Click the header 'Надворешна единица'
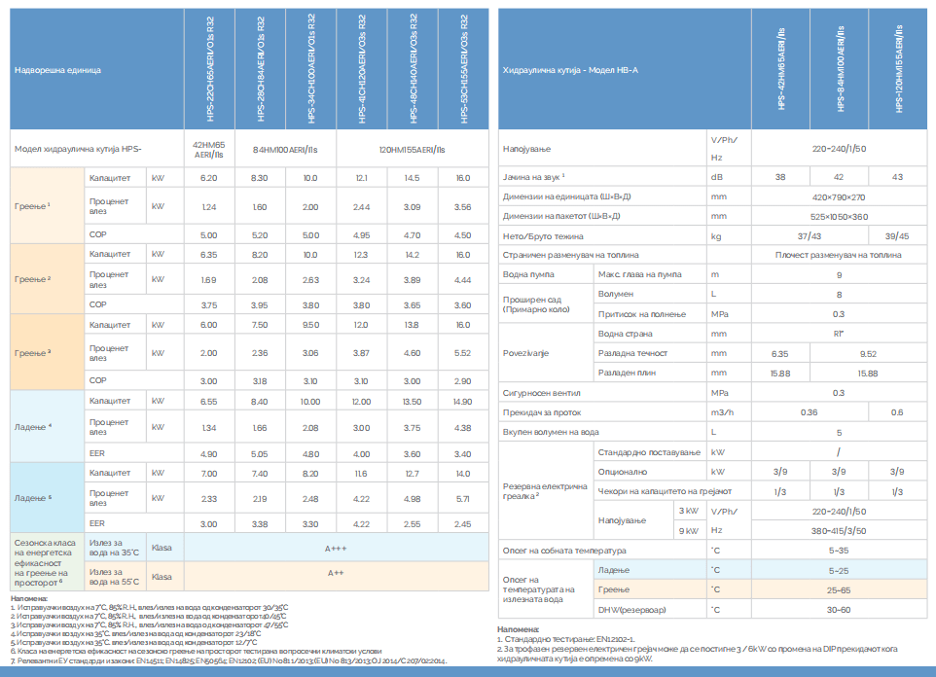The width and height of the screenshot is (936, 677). [57, 70]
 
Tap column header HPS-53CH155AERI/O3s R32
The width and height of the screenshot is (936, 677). [463, 70]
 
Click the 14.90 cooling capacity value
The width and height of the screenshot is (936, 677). [462, 401]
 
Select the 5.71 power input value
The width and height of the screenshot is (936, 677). [462, 497]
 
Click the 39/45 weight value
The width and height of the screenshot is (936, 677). [896, 235]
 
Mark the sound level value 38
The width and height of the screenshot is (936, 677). [780, 176]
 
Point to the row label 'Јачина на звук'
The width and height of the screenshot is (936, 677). [534, 176]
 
